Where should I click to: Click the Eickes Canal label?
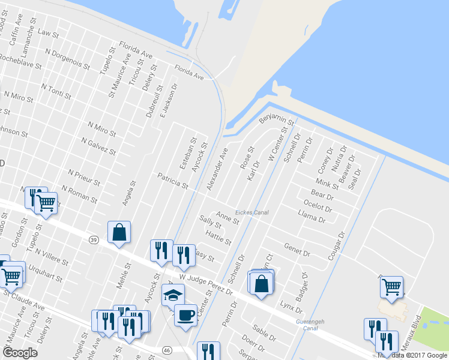point(252,212)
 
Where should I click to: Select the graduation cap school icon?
point(173,295)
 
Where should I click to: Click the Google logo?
point(20,353)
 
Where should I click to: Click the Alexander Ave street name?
point(217,170)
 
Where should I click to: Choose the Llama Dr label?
point(312,217)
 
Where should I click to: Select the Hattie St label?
point(218,238)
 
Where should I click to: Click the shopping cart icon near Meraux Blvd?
point(391,287)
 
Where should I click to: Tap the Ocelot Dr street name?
point(318,206)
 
